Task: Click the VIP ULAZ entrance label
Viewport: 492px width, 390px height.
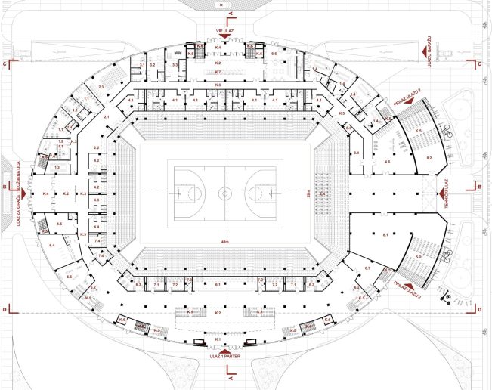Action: (x=224, y=31)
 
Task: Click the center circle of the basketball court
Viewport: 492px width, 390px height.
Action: (x=224, y=193)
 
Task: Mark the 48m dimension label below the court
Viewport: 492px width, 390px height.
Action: (x=224, y=243)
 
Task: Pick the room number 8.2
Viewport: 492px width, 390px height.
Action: (x=429, y=157)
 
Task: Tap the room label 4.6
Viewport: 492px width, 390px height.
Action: (x=387, y=162)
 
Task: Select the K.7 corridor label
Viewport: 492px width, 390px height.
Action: (x=218, y=72)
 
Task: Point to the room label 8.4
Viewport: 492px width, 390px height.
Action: (x=355, y=154)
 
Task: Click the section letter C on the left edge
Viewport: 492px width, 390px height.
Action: (x=6, y=64)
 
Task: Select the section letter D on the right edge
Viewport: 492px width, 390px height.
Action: (x=480, y=309)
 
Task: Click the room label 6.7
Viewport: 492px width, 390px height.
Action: (x=367, y=269)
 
